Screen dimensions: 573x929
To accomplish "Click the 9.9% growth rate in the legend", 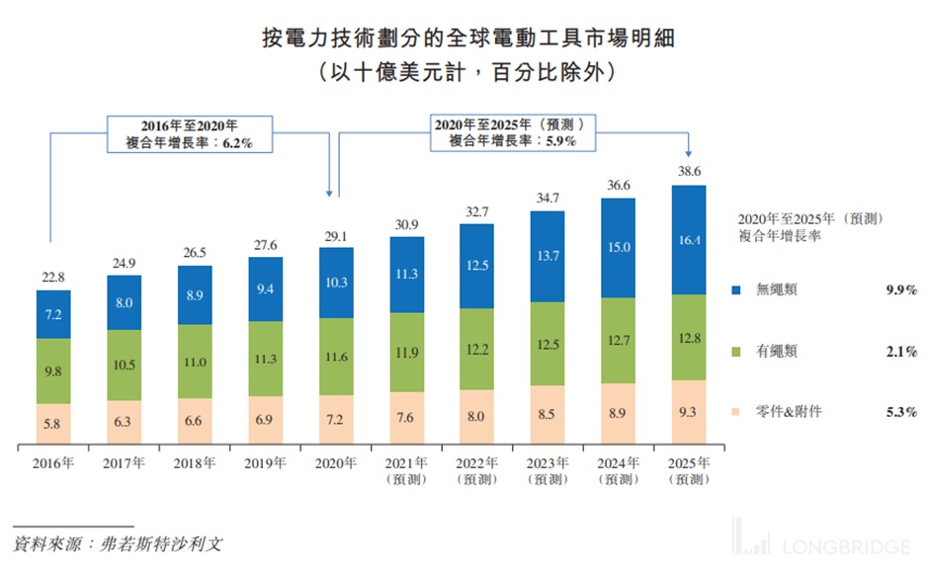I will [x=901, y=290].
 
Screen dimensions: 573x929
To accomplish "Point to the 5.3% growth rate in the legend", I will [x=901, y=411].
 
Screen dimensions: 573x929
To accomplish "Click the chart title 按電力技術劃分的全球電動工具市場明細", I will [x=464, y=39].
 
